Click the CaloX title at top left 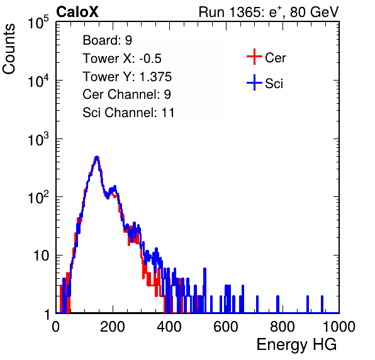tap(77, 12)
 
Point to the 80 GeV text tap(314, 12)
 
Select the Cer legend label tap(275, 58)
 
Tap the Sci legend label tap(274, 84)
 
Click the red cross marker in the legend tap(254, 57)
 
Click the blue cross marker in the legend tap(254, 82)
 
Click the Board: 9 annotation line tap(107, 40)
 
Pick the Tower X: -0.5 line tap(122, 59)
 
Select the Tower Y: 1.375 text tap(127, 77)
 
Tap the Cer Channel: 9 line tap(126, 94)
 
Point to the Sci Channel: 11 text tap(128, 113)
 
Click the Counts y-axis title tap(9, 49)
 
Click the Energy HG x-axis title tap(296, 345)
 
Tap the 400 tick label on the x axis tap(169, 327)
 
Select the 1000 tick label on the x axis tap(339, 327)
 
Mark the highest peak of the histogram tap(97, 157)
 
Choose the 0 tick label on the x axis tap(56, 327)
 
